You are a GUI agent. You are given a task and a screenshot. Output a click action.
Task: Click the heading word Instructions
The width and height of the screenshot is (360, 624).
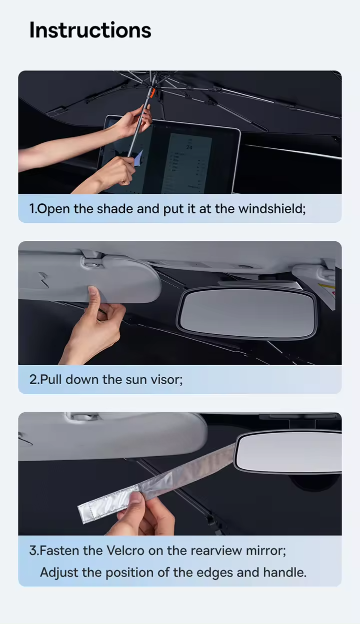pos(90,30)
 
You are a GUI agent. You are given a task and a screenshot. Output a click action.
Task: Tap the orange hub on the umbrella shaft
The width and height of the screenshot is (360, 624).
pos(150,93)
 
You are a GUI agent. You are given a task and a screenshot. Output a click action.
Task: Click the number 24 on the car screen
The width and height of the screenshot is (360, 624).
pos(189,147)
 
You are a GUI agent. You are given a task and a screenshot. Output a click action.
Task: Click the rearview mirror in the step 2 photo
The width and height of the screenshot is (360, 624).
pos(247,312)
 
